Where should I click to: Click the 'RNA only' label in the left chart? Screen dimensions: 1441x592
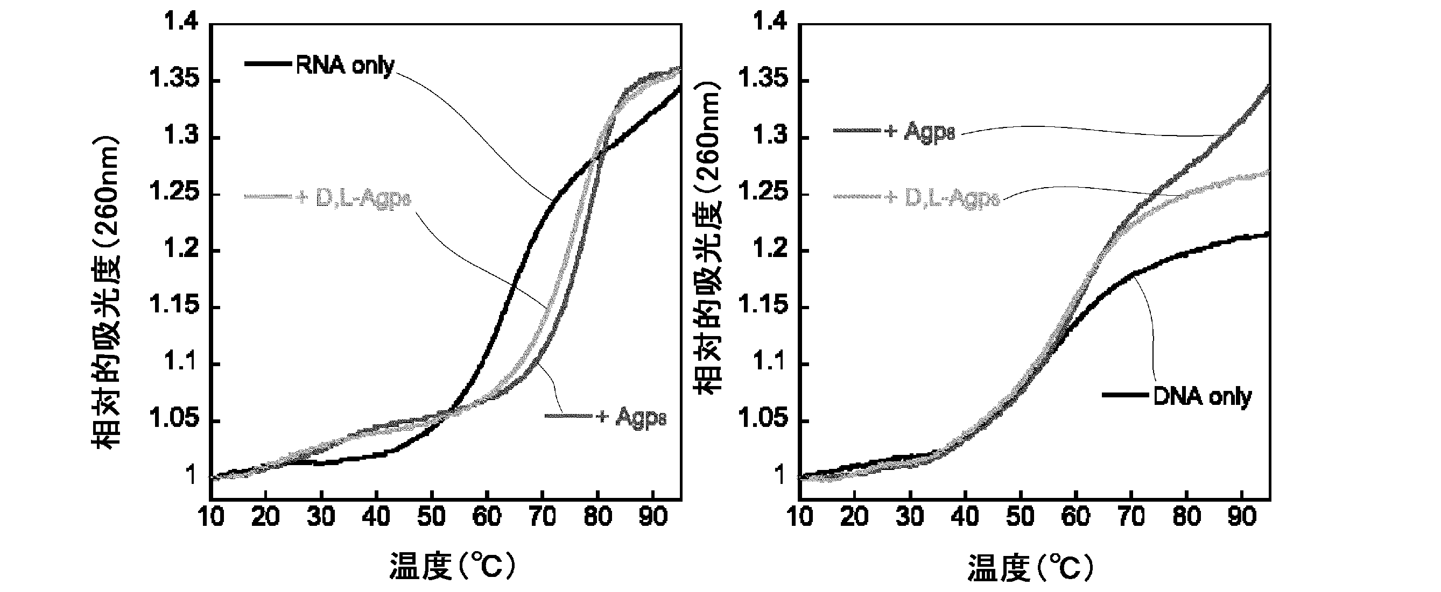345,66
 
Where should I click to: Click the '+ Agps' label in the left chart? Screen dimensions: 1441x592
631,417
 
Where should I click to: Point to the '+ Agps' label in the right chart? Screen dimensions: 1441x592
919,132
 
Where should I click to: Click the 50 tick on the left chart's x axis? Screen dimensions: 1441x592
431,517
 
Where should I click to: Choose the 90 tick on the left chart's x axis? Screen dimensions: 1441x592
652,517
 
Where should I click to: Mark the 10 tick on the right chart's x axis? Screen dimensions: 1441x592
799,517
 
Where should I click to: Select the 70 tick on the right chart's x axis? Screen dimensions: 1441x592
1130,517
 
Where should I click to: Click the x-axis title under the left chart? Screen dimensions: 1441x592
452,566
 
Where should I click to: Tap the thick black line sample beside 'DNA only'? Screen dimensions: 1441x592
1126,395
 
